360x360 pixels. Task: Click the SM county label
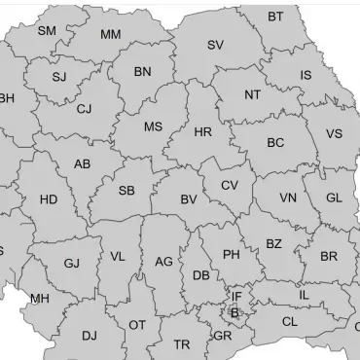(47, 31)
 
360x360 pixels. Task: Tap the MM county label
(110, 35)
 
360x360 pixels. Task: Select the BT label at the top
(276, 17)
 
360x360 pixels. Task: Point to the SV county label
(215, 45)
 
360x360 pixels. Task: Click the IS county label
(306, 75)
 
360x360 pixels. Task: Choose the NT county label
(253, 95)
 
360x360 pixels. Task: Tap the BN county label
(143, 72)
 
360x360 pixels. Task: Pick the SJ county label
(59, 77)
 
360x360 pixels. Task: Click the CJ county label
(84, 109)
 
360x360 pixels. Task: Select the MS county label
(154, 127)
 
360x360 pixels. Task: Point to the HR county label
(202, 132)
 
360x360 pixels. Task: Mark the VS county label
(334, 134)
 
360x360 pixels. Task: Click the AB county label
(83, 164)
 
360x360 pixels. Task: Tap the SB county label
(126, 191)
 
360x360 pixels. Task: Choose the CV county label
(229, 186)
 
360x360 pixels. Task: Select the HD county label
(49, 200)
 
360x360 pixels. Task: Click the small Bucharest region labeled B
(234, 312)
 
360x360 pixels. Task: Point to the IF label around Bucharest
(236, 297)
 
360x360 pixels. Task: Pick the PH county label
(231, 255)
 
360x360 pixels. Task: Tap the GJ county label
(72, 264)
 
